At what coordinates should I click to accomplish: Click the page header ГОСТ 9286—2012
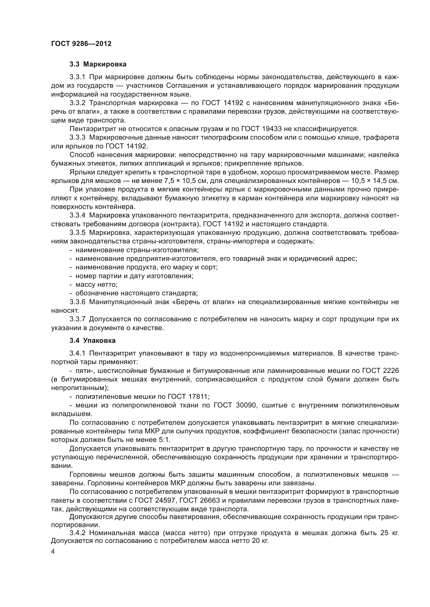81,44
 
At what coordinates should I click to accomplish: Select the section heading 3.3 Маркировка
98,64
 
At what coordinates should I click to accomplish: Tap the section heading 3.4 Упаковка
92,340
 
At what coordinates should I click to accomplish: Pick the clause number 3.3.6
77,302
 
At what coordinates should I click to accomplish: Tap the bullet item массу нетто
96,285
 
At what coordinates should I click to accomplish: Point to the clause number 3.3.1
77,77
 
